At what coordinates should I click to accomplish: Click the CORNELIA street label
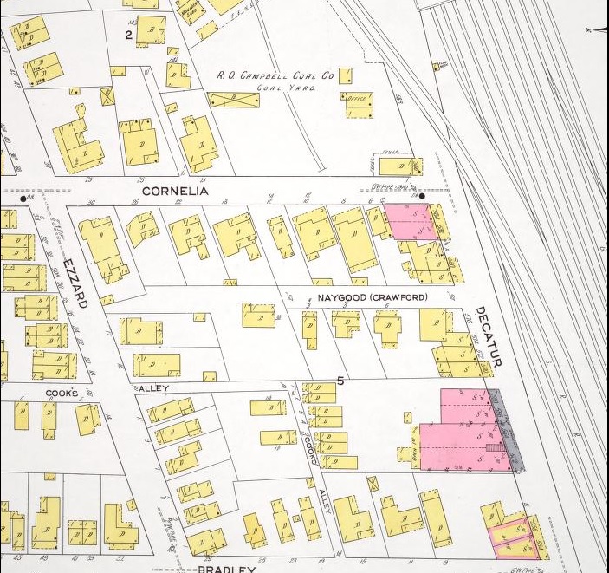click(175, 190)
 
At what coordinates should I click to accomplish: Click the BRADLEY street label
click(226, 569)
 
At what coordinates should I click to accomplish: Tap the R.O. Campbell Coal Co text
click(275, 76)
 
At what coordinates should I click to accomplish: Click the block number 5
click(341, 381)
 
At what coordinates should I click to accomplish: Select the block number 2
click(128, 35)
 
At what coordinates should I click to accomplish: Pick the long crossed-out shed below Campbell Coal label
click(234, 100)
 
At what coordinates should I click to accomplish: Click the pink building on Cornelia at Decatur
click(411, 222)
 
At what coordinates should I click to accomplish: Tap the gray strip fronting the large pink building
click(508, 430)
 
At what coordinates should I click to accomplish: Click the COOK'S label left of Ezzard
click(62, 394)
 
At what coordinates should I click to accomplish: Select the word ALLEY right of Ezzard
click(153, 387)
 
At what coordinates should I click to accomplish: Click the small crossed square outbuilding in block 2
click(107, 95)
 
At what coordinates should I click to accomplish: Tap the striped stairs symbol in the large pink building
click(494, 448)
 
